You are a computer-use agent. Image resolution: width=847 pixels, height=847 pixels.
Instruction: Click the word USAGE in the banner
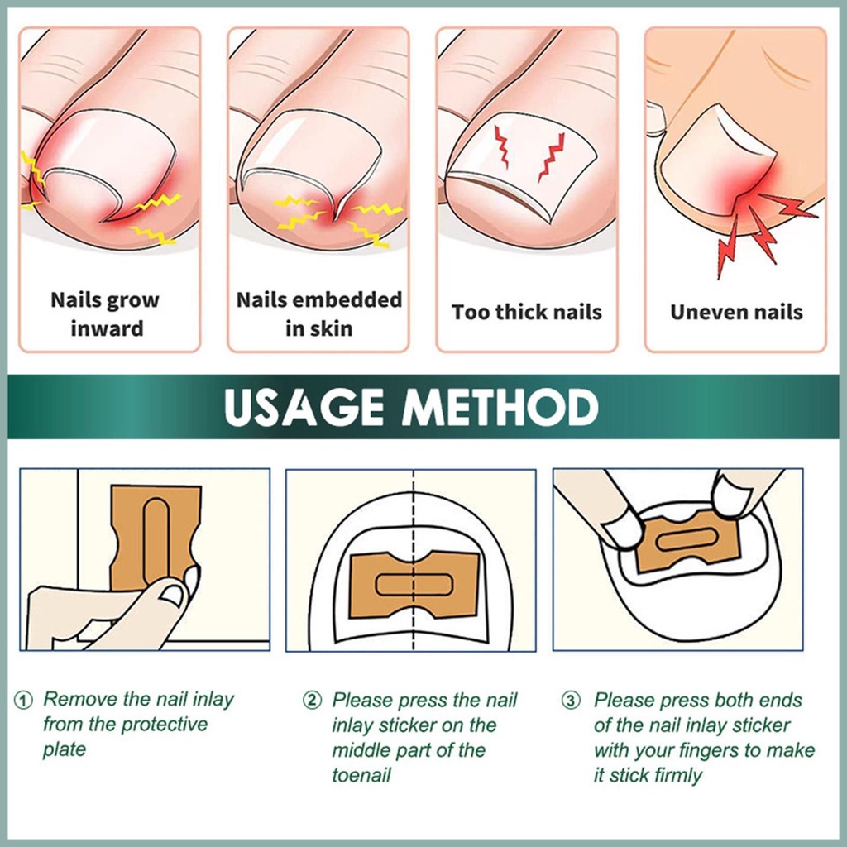click(x=304, y=407)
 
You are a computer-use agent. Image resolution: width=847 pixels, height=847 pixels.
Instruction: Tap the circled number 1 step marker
click(x=23, y=700)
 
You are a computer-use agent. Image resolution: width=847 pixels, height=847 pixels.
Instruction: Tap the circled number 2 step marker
click(x=312, y=701)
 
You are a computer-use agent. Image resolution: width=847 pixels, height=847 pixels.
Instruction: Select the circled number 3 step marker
click(x=571, y=701)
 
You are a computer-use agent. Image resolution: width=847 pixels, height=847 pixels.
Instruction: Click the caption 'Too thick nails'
click(x=527, y=312)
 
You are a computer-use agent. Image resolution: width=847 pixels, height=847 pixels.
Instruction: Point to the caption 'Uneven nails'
click(x=736, y=312)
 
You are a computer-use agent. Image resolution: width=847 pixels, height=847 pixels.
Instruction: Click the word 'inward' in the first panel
click(x=107, y=328)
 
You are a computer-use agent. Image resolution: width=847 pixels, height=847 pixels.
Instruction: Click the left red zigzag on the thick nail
click(x=502, y=146)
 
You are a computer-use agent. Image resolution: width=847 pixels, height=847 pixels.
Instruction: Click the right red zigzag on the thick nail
click(x=551, y=156)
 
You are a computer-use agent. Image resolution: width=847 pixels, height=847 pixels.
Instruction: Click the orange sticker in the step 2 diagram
click(x=414, y=585)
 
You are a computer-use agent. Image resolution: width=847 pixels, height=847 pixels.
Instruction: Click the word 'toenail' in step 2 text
click(x=361, y=775)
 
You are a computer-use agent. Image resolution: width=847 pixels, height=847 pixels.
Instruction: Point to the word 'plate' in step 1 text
click(x=65, y=749)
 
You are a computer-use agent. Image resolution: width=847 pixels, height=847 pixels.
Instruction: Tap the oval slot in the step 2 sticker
click(x=414, y=585)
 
